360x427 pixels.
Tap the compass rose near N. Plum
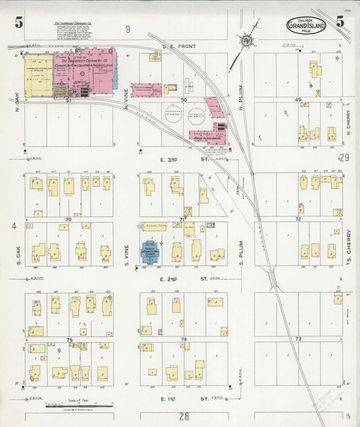245,42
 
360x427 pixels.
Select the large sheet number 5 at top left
19,22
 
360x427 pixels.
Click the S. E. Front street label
178,46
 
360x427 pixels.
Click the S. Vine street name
130,246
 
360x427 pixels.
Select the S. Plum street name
241,249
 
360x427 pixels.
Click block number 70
68,220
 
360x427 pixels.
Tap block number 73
297,338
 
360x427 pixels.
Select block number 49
297,99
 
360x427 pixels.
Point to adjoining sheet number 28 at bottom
183,416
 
